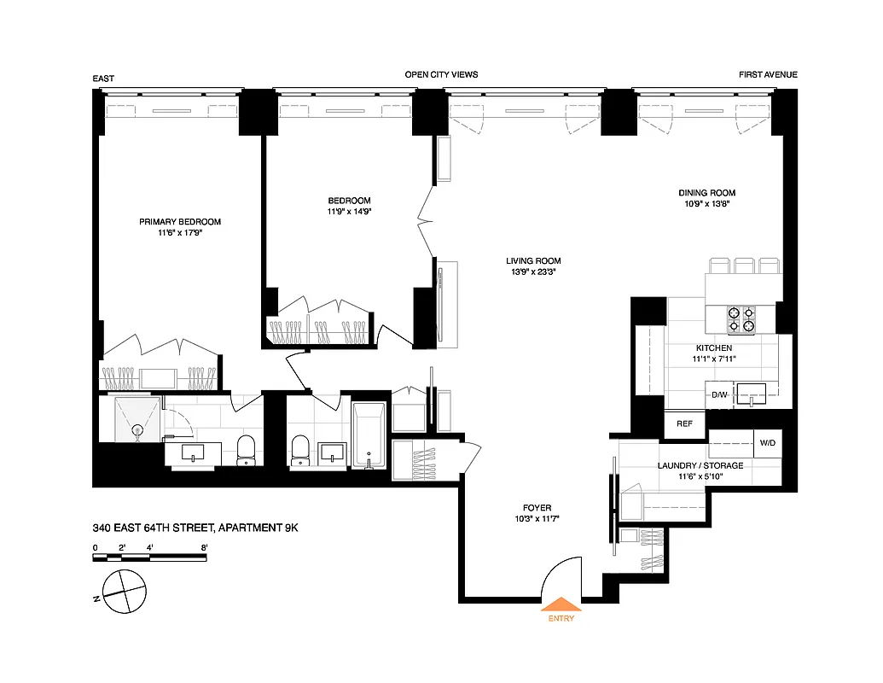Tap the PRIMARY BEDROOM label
pos(180,222)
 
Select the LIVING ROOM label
pos(533,261)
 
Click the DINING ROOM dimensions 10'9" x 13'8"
pos(706,204)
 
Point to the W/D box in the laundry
pos(767,443)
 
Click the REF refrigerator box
pos(684,423)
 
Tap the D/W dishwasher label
pos(719,394)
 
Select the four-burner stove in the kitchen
pos(741,319)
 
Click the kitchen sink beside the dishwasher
pos(751,393)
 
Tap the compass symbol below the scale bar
pos(122,590)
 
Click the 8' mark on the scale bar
pos(204,546)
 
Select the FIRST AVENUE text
pos(768,75)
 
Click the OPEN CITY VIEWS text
pos(441,75)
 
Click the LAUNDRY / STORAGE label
pos(700,465)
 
